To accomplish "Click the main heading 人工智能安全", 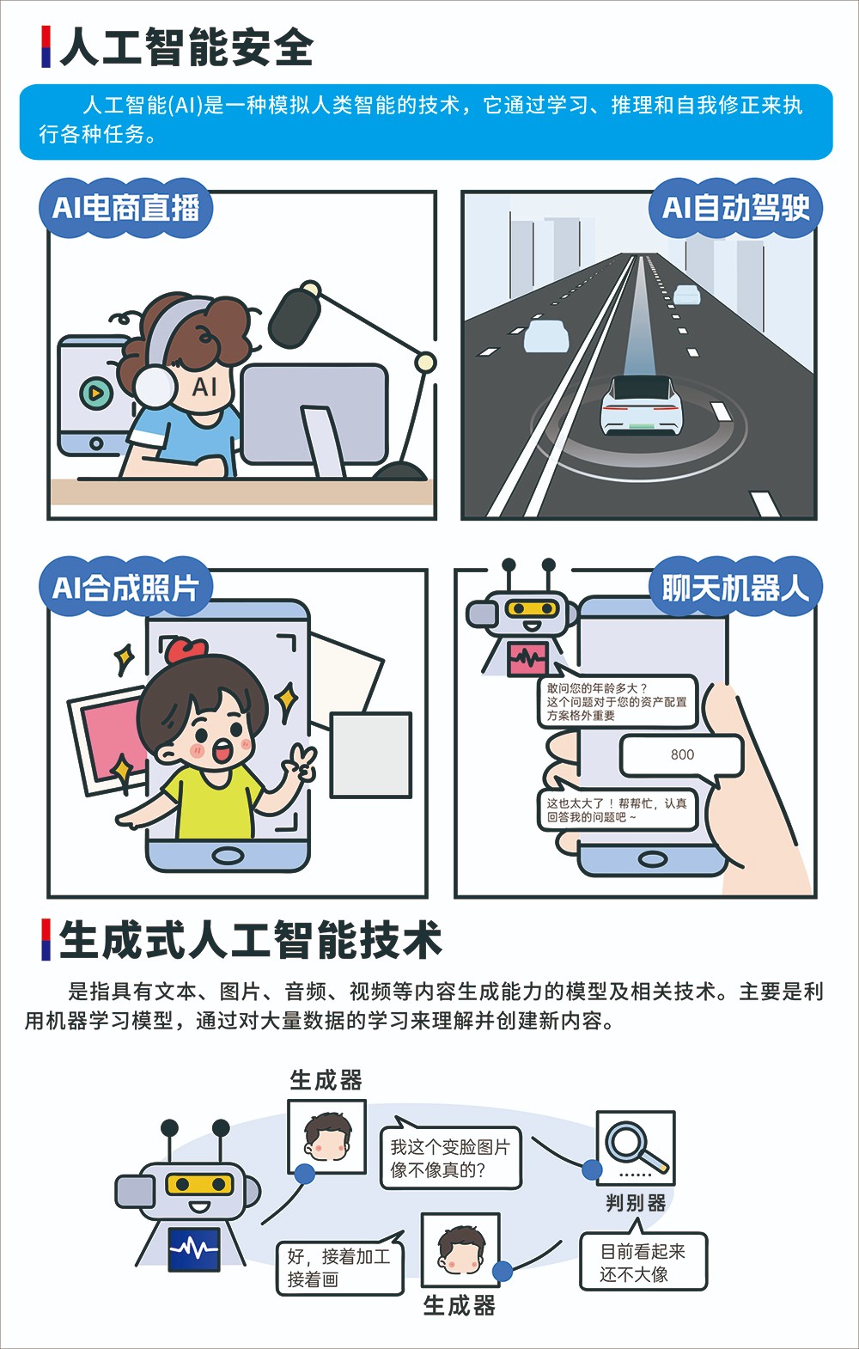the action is pos(186,47).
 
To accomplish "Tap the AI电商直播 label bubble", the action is pos(125,208).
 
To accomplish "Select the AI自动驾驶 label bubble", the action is pos(735,208).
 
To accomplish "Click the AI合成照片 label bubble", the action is pos(125,587).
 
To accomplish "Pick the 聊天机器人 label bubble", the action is pos(735,587).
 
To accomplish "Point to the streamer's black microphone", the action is pos(293,317).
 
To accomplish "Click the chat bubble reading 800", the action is pos(682,755).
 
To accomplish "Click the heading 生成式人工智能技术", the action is pos(251,939).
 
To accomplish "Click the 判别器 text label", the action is pos(636,1202).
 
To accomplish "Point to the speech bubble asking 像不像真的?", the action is pos(450,1157).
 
